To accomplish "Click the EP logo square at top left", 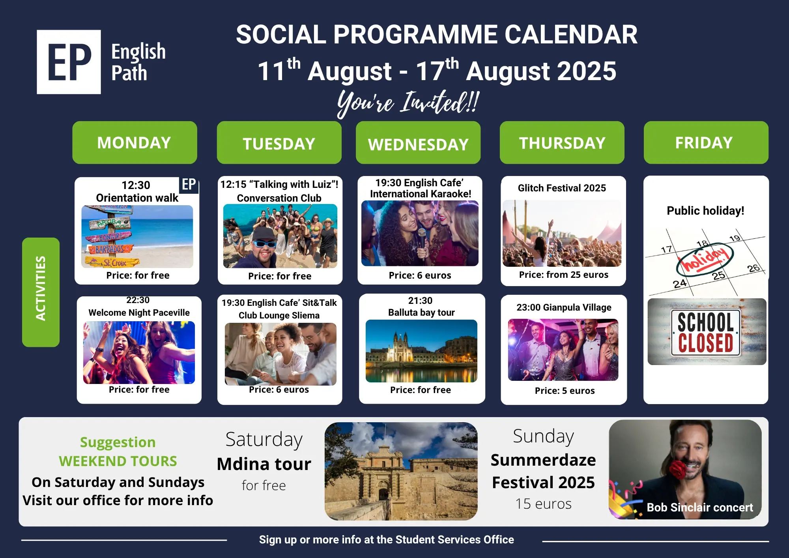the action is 69,62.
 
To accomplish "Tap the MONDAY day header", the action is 135,142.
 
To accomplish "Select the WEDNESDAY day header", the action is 418,142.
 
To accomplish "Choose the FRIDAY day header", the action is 706,142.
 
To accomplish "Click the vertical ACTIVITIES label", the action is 41,292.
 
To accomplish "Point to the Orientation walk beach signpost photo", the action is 137,237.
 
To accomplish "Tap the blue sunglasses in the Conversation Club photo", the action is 264,243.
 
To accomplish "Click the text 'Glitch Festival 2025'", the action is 562,188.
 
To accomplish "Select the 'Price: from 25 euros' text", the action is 564,275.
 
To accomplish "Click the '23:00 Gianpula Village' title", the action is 564,307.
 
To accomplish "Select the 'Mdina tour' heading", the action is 264,464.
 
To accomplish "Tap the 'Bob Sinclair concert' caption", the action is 700,507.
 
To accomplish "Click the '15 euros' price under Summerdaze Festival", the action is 543,504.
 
